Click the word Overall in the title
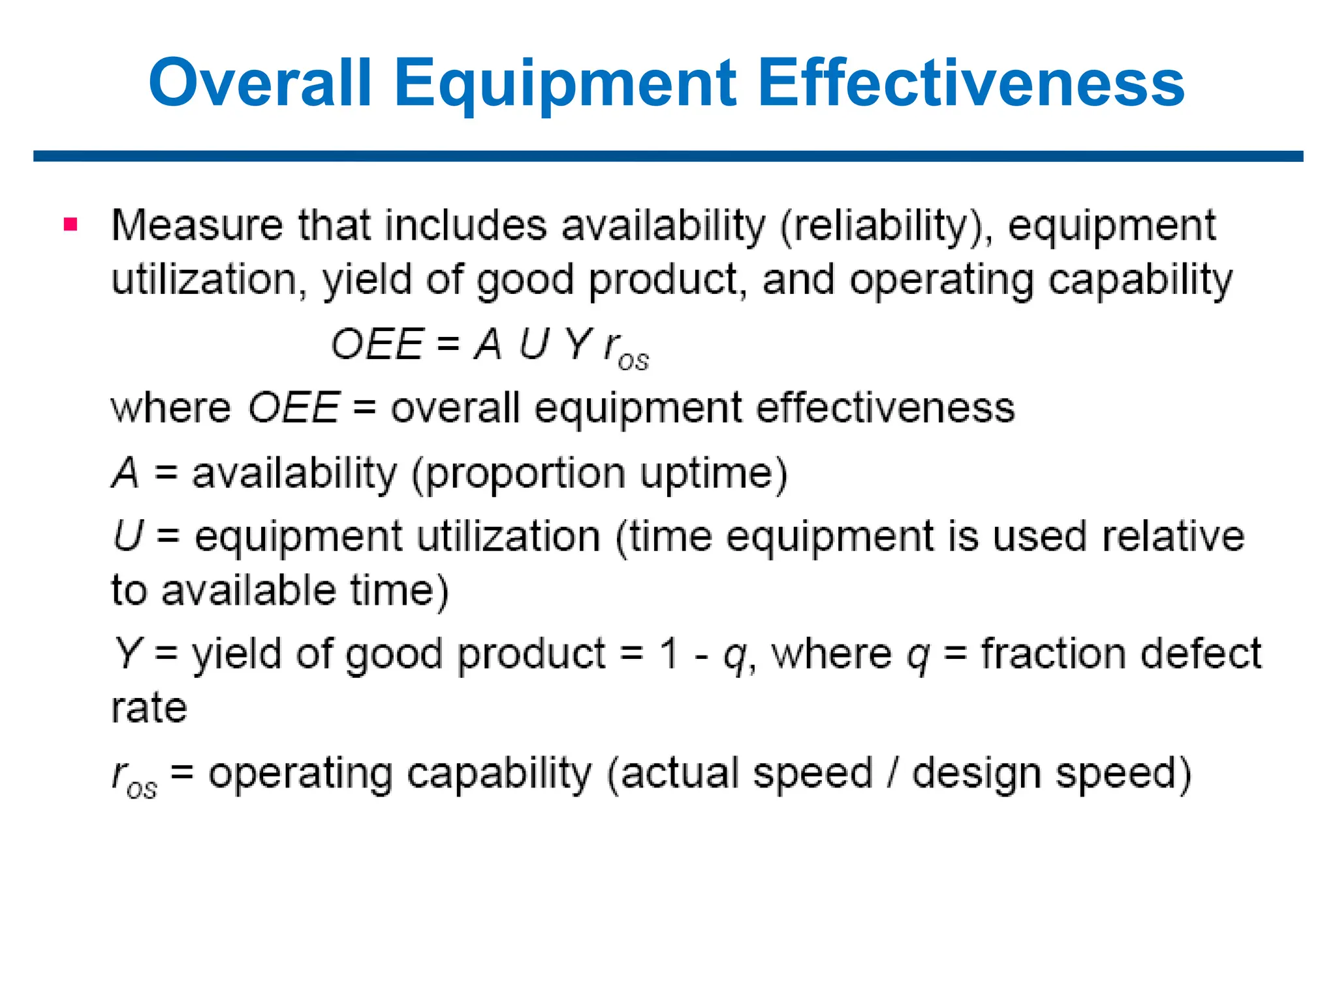coord(260,83)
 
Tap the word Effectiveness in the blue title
coord(971,83)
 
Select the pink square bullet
coord(71,225)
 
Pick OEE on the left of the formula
coord(377,344)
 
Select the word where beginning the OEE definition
coord(171,408)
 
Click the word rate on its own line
coord(149,708)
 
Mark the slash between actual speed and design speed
coord(892,773)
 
